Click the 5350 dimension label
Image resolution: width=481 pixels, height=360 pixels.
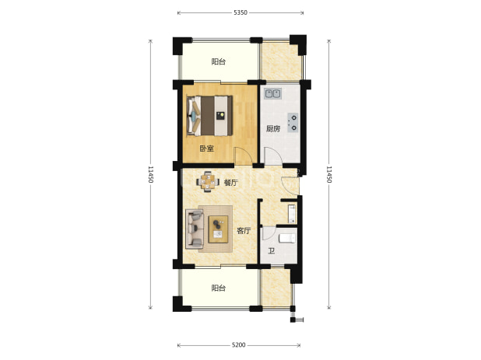coord(240,12)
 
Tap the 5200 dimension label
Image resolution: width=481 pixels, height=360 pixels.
coord(238,345)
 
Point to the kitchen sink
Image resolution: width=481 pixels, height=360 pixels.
coord(273,93)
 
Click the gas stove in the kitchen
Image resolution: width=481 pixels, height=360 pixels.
coord(293,123)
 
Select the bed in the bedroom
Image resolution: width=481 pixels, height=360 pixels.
coord(209,116)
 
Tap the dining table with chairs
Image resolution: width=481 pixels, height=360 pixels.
coord(208,182)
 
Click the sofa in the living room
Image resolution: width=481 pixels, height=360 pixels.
coord(195,229)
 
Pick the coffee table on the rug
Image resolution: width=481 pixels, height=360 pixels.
coord(218,229)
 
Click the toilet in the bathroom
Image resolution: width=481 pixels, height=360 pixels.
coord(287,238)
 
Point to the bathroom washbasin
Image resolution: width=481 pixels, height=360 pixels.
coord(292,214)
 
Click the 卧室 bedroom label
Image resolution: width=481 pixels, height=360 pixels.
coord(207,149)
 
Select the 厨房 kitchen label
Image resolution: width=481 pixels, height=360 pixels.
coord(273,128)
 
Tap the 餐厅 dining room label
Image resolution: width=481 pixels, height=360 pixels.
coord(230,183)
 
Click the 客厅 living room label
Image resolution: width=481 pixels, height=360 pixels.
coord(244,231)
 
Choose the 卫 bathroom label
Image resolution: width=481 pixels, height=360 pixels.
coord(271,251)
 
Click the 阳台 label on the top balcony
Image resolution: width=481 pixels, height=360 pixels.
coord(219,61)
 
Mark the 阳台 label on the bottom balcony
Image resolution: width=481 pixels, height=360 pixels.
coord(219,288)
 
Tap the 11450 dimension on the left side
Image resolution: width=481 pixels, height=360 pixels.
coord(150,174)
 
